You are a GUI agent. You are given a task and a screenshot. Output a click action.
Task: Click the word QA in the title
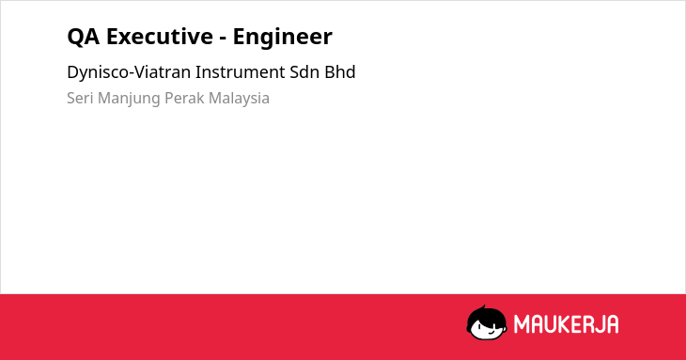tap(83, 37)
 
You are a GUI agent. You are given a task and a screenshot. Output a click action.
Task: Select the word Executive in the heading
tap(159, 36)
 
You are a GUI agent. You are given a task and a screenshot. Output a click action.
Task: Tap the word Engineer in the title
tap(283, 37)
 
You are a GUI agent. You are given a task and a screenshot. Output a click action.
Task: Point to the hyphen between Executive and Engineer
tap(223, 39)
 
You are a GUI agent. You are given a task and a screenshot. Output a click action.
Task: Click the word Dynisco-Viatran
tap(129, 72)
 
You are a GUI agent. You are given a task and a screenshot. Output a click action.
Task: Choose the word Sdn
tap(304, 72)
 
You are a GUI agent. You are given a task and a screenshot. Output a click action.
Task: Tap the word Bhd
tap(340, 72)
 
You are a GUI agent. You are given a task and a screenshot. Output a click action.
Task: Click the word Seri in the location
tap(80, 98)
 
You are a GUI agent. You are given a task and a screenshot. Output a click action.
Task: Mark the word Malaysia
tap(239, 99)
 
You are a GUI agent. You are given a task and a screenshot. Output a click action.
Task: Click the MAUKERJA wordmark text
tap(566, 324)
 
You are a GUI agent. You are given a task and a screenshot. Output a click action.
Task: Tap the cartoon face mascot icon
tap(487, 322)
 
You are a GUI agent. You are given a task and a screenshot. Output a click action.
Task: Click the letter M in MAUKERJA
tap(522, 324)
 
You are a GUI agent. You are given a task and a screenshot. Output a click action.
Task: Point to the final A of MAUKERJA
tap(613, 324)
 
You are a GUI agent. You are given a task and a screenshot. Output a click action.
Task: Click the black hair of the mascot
tap(485, 315)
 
